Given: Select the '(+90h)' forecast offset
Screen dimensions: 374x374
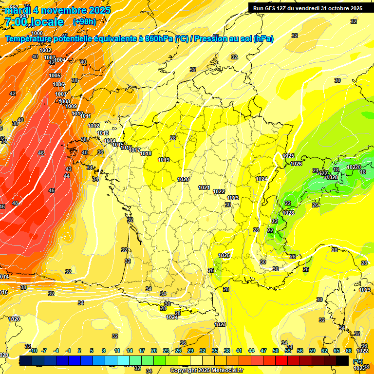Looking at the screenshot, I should tap(84, 21).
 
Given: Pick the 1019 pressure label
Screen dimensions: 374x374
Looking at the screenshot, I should tap(164, 160).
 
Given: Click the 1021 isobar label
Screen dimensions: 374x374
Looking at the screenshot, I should tap(204, 187).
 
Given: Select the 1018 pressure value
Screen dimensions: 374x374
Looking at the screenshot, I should tap(146, 153).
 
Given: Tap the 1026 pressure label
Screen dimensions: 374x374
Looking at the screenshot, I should tap(296, 164).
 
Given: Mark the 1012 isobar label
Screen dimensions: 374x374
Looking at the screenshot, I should tap(93, 126).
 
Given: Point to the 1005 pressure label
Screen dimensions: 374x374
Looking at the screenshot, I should tap(55, 75).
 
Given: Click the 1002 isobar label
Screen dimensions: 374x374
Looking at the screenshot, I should tap(45, 50).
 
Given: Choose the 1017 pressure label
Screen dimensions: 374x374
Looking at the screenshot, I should tap(135, 150).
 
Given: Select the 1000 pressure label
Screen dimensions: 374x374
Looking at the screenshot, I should tap(37, 47).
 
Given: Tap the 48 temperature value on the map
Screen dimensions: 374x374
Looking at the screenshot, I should tap(15, 203).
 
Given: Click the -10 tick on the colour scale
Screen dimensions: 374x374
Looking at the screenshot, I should tap(33, 351).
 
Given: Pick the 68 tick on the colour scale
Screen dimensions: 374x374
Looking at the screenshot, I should tap(349, 351).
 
